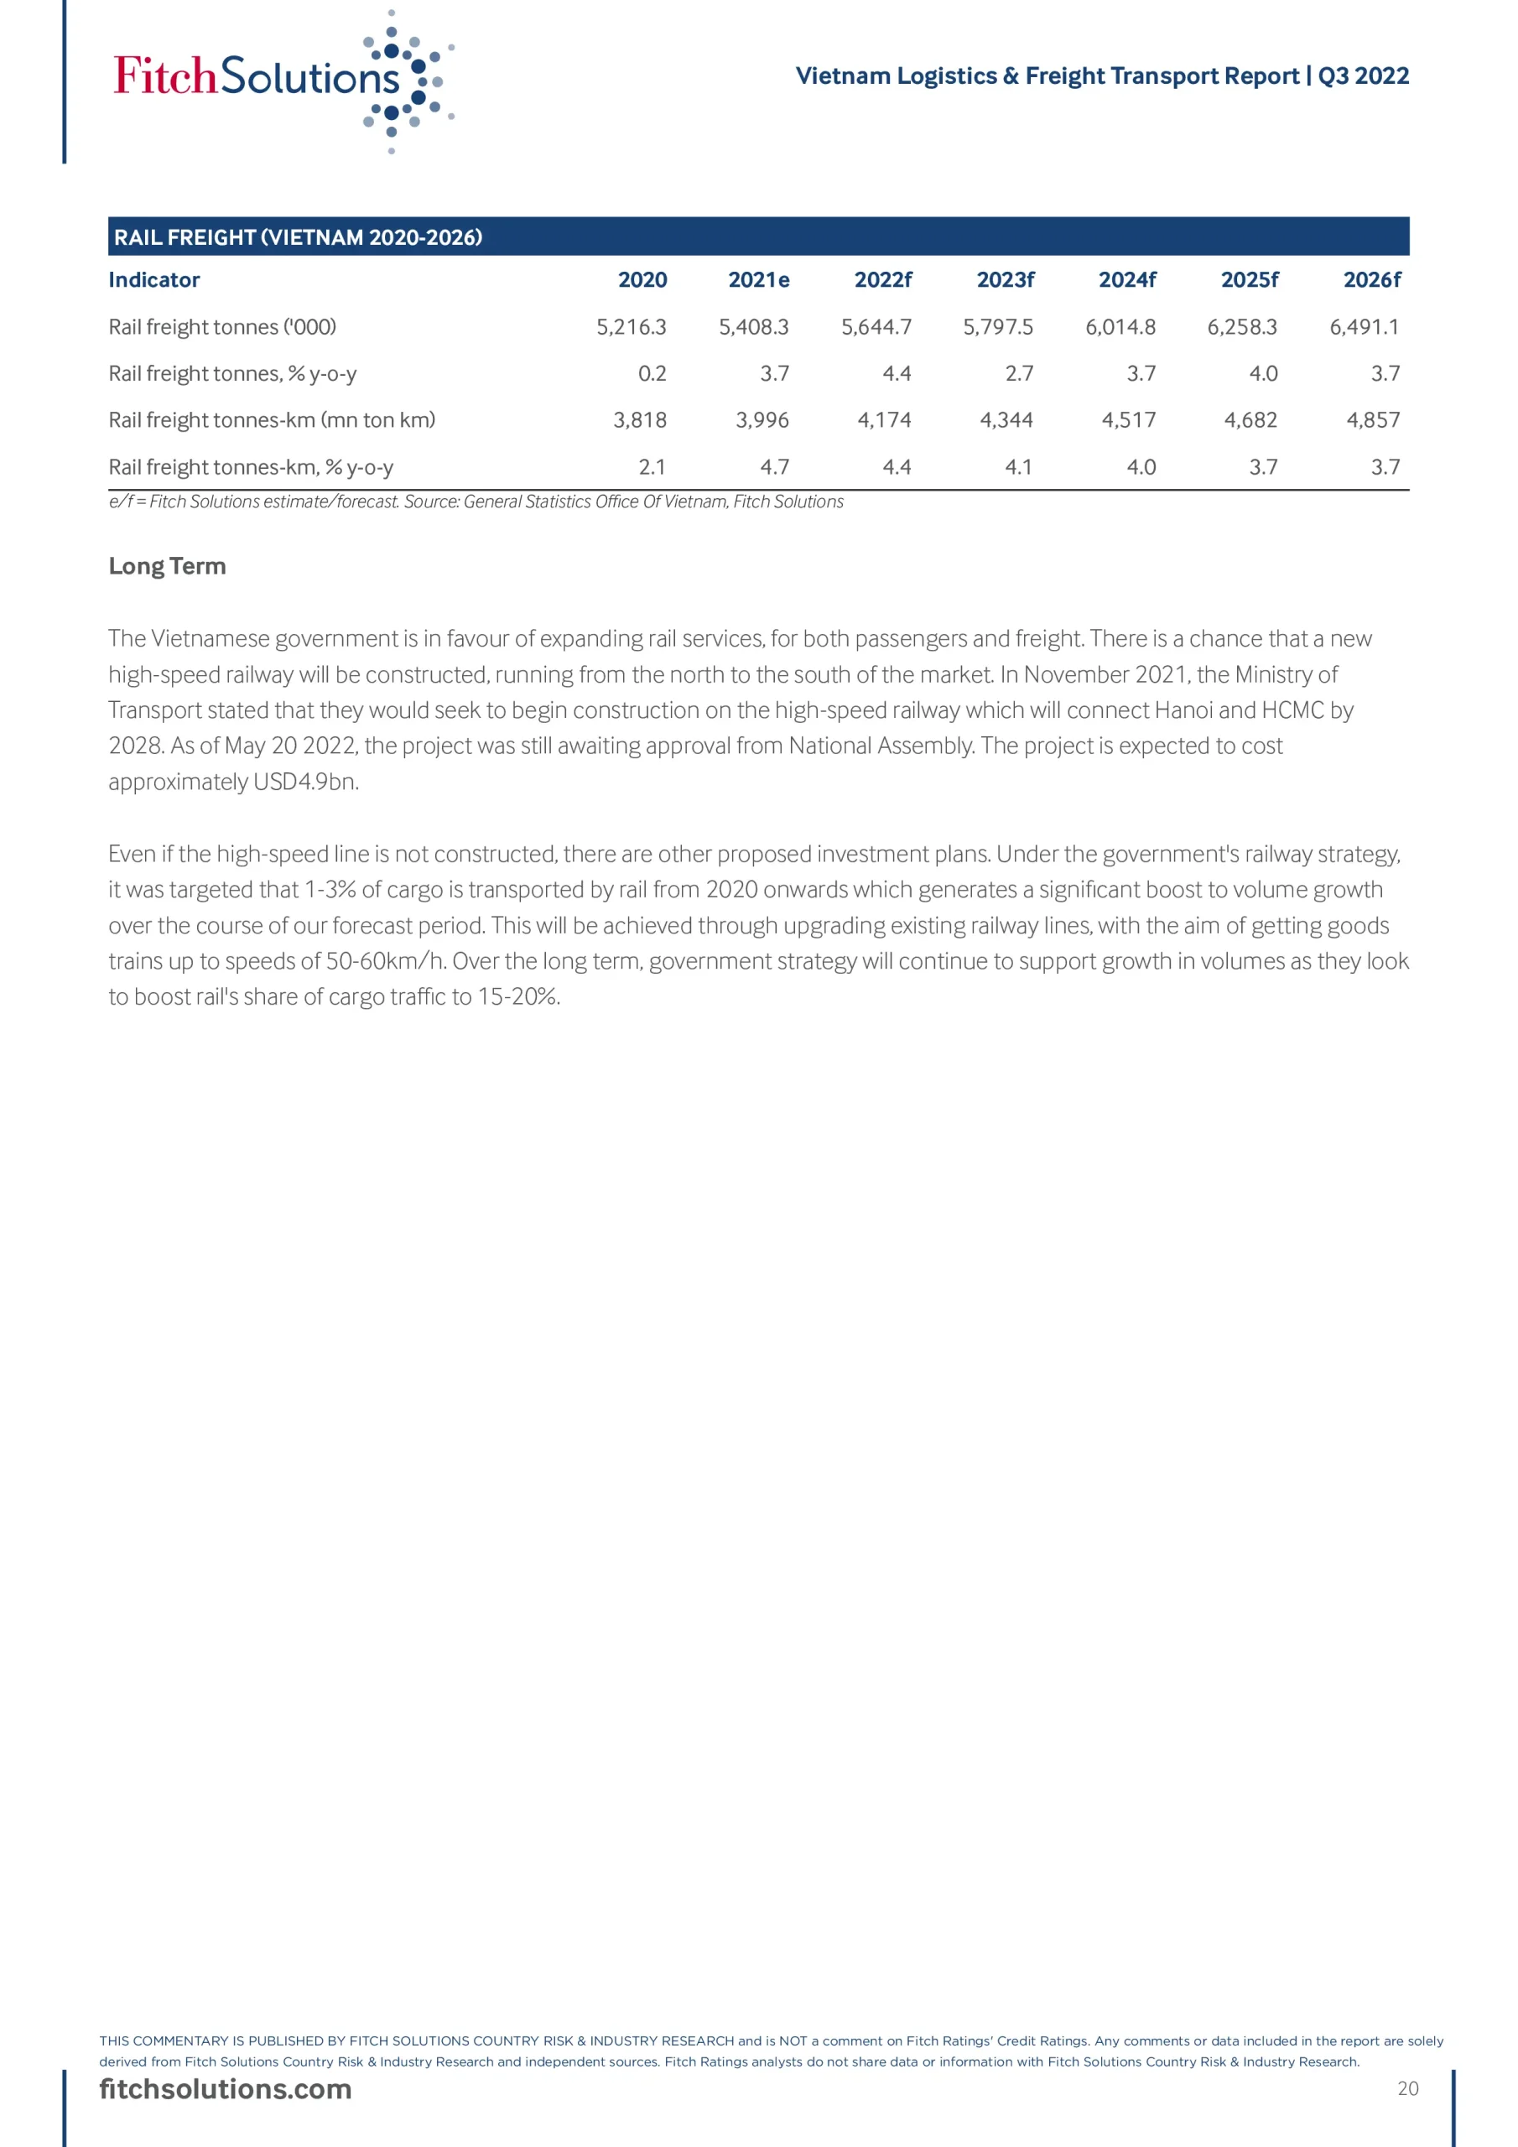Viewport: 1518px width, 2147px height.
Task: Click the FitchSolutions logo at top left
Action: click(x=281, y=79)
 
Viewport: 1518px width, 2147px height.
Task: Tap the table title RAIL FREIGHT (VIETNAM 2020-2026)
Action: click(x=299, y=237)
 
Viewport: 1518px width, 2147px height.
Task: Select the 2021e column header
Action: click(x=758, y=279)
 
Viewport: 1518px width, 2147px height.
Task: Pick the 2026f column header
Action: click(x=1372, y=279)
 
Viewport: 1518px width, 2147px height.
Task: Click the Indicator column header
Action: click(x=154, y=279)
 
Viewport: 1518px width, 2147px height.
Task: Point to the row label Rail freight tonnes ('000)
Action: click(x=222, y=326)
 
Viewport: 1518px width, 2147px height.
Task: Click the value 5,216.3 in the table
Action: click(x=632, y=326)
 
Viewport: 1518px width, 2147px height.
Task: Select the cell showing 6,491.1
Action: click(x=1365, y=326)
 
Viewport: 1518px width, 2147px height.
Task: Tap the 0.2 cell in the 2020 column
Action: click(x=652, y=373)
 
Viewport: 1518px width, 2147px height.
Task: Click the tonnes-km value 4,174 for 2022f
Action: click(x=884, y=420)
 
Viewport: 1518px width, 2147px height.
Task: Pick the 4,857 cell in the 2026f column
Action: click(x=1373, y=420)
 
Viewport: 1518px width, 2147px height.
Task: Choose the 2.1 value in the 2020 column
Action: click(x=652, y=466)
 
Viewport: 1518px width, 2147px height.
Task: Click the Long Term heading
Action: click(x=168, y=566)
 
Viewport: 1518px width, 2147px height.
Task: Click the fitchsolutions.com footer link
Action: click(x=226, y=2089)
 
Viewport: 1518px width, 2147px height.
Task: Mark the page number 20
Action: click(x=1407, y=2089)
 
